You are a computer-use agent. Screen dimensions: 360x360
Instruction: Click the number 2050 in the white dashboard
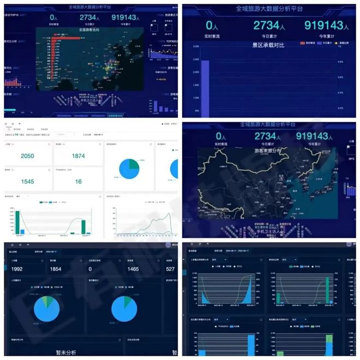(27, 157)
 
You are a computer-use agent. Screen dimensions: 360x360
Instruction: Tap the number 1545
(27, 181)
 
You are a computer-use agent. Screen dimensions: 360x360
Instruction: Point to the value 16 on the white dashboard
(79, 181)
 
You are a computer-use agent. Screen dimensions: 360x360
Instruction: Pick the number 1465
(134, 269)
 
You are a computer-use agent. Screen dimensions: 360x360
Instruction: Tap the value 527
(171, 269)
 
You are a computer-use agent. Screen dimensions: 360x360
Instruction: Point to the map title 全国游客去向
(91, 30)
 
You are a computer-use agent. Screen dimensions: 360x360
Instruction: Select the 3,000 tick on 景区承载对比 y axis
(195, 47)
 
